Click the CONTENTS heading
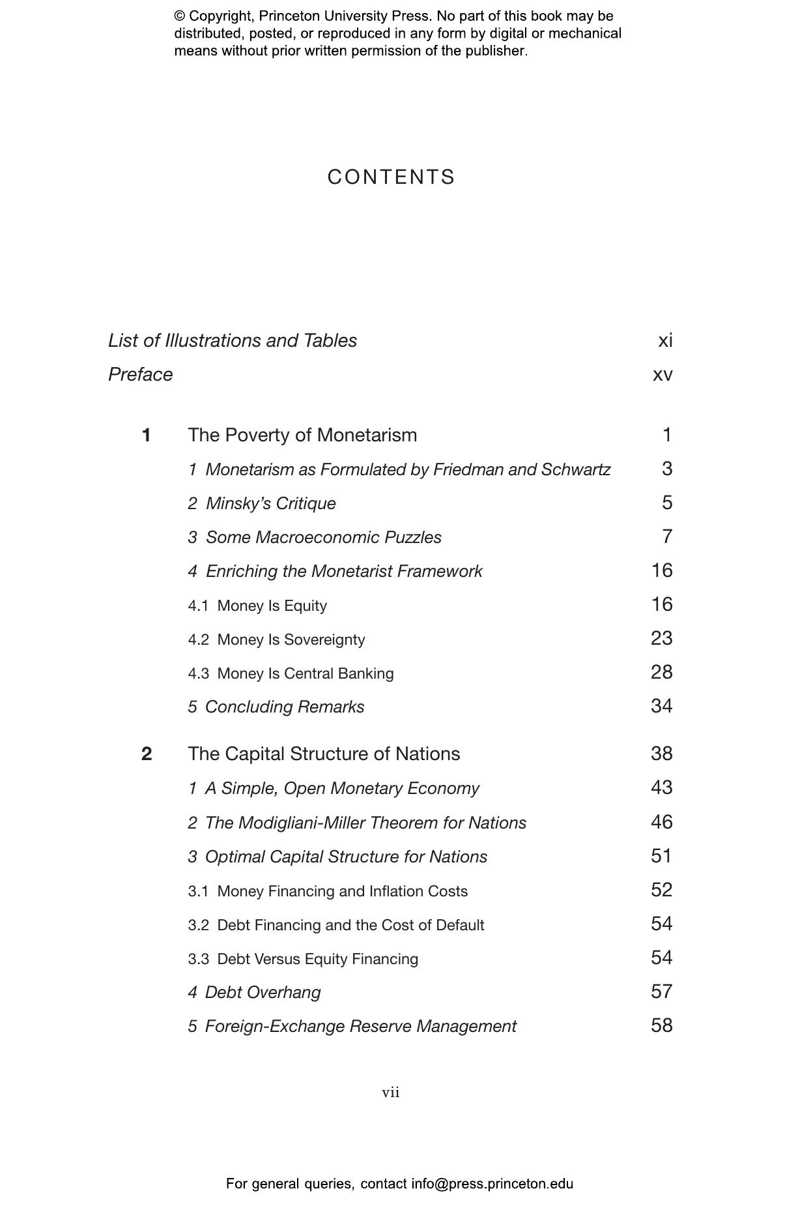point(391,177)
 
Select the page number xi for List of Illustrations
point(665,340)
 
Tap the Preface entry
point(140,374)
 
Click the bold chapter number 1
point(146,435)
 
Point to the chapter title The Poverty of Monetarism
point(302,435)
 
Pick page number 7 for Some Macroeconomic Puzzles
point(666,537)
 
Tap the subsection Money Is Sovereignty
point(291,640)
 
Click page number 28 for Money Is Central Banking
point(661,672)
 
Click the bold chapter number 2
point(147,754)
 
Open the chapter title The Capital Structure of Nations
point(324,754)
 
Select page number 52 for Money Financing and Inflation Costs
point(661,890)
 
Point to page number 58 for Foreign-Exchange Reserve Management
point(661,1025)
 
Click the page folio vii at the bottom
point(391,1093)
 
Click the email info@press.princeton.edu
point(492,1184)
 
